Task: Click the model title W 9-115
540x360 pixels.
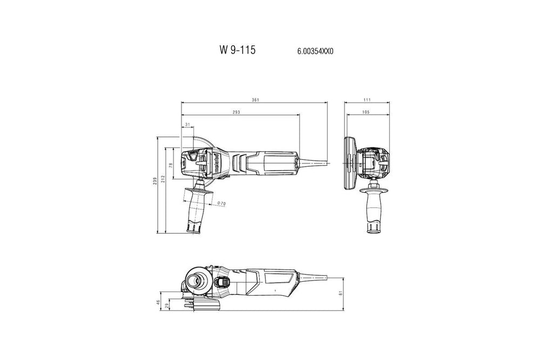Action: point(238,50)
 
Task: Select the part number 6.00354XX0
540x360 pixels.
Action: point(315,52)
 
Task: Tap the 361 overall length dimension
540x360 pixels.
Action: point(255,100)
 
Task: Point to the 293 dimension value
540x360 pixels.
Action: point(236,112)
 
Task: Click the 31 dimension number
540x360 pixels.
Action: point(187,125)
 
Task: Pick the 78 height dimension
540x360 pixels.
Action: point(171,166)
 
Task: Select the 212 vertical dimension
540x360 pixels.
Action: point(163,179)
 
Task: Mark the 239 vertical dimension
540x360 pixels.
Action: point(154,181)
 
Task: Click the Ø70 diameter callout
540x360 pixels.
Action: point(221,203)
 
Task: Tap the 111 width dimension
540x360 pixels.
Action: point(367,100)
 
